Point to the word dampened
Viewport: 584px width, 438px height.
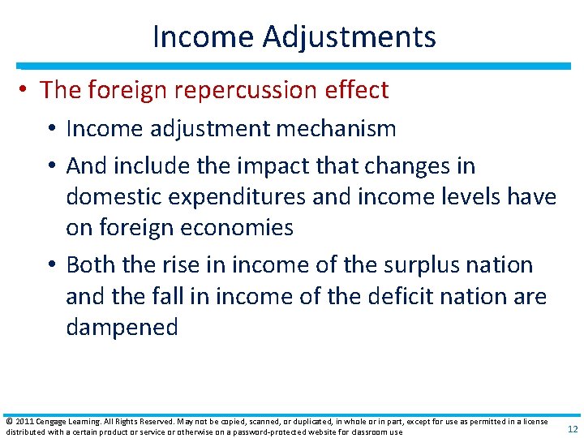coord(122,328)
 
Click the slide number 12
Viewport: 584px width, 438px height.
coord(573,429)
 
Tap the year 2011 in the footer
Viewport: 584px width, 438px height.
coord(24,421)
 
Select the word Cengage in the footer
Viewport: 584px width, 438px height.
coord(51,421)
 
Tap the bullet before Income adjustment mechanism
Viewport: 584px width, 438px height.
coord(53,128)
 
